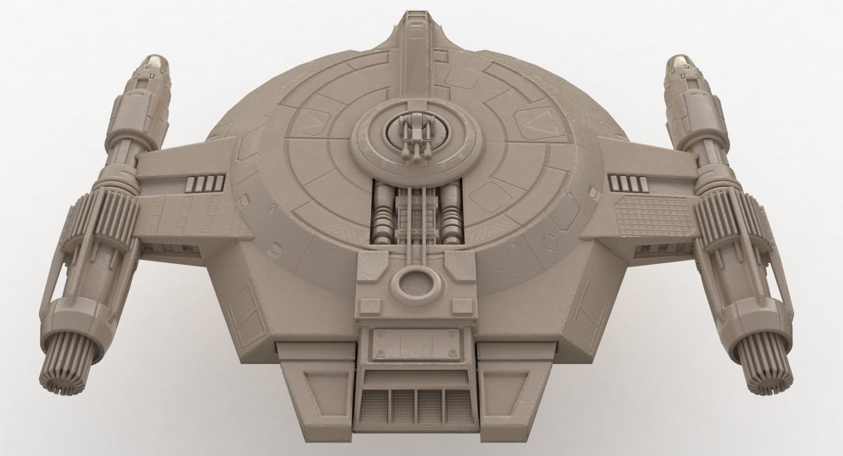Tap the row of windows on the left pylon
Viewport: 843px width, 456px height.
click(x=206, y=184)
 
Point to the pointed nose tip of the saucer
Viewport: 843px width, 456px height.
click(x=419, y=17)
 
